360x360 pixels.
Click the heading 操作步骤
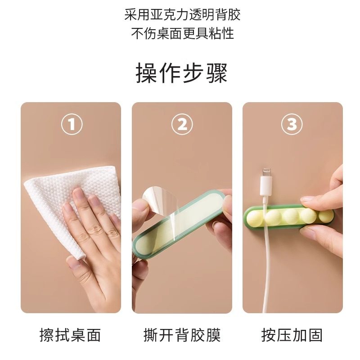[x=181, y=73]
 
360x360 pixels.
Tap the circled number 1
[x=71, y=125]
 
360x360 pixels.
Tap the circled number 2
[x=182, y=125]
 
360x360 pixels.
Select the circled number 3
[x=292, y=125]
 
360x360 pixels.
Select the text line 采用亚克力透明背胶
[x=182, y=15]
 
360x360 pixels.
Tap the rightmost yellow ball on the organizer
[x=325, y=216]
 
